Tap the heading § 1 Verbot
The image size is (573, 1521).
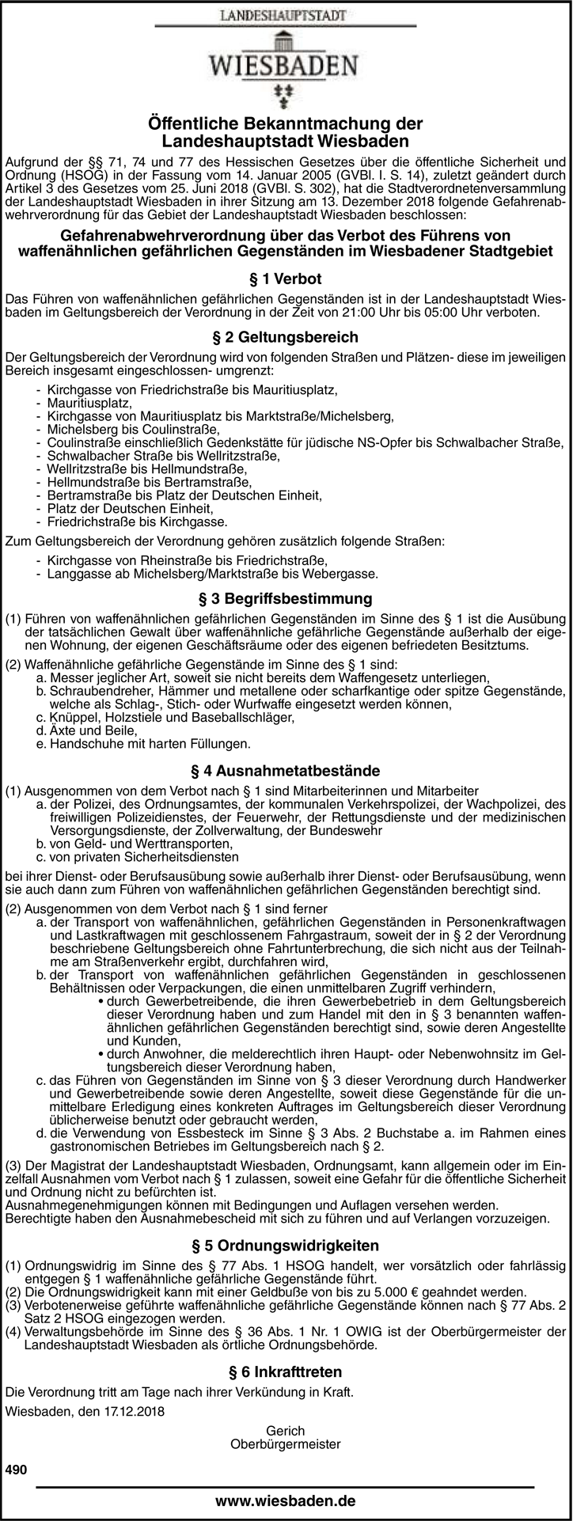click(286, 279)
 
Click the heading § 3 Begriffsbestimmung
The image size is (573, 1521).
click(286, 597)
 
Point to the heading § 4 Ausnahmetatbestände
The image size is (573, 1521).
click(286, 770)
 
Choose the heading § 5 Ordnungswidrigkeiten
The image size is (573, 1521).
click(286, 1245)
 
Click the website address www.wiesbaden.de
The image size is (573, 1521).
click(286, 1500)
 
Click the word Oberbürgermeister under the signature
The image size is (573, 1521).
click(286, 1444)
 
